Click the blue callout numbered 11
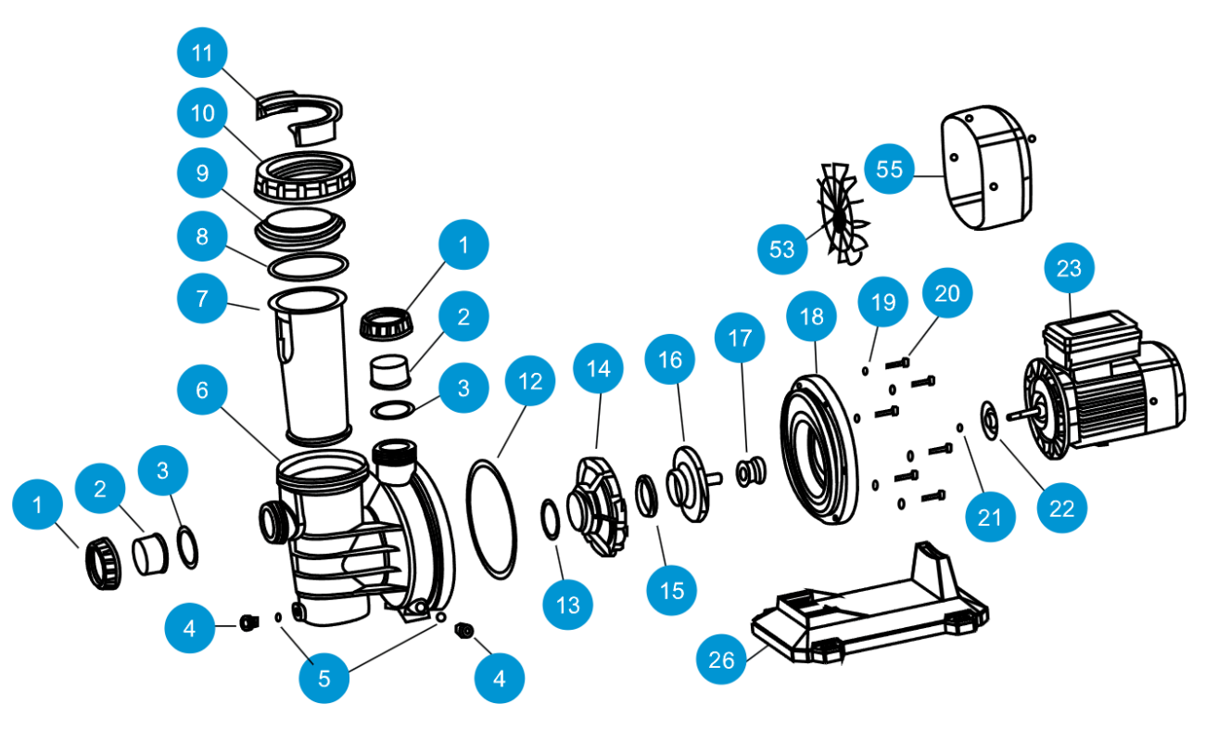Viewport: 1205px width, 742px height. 202,54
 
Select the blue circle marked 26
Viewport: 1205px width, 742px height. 722,660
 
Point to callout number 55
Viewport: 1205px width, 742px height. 889,169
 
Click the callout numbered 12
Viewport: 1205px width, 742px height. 530,381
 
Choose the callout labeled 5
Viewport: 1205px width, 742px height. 323,678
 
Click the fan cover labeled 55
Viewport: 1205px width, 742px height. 987,172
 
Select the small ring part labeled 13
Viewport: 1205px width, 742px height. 549,517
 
